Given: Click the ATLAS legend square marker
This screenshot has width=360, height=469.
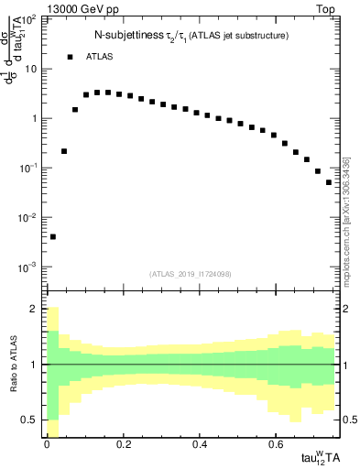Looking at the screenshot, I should (70, 57).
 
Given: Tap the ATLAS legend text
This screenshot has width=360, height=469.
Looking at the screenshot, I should (101, 57).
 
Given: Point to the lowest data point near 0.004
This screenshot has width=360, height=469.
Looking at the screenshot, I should (53, 236).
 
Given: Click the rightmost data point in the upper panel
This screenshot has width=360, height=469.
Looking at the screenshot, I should (329, 182).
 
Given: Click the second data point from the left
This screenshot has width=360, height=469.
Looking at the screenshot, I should (64, 151).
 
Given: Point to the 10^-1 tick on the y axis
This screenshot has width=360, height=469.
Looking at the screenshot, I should (28, 168).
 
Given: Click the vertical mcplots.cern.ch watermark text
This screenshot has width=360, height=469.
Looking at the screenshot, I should (345, 220).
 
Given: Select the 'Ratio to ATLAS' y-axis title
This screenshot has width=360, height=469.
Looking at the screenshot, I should (14, 364).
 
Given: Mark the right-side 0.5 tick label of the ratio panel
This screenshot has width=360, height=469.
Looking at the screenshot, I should (345, 420).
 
